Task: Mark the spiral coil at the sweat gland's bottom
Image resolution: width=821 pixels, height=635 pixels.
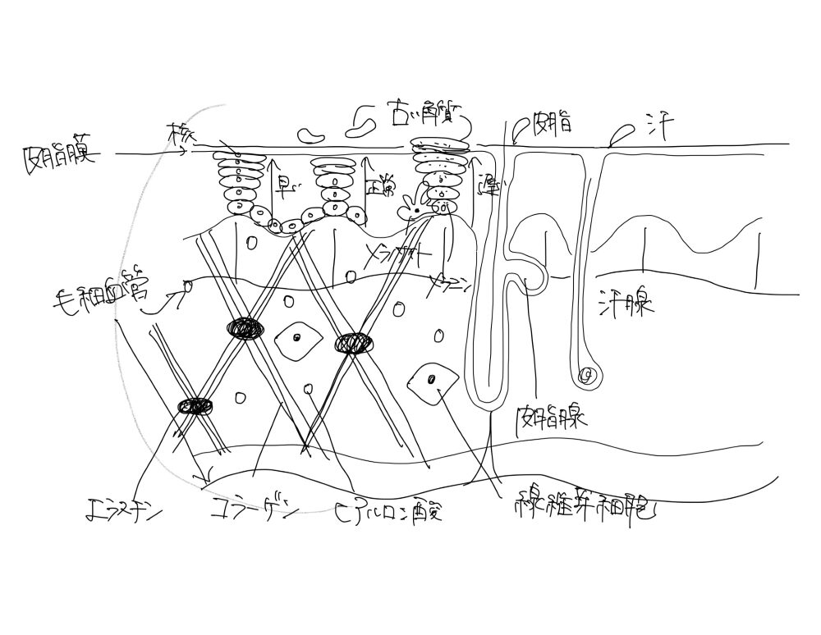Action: click(586, 376)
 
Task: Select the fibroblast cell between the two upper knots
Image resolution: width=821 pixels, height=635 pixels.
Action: click(298, 337)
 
